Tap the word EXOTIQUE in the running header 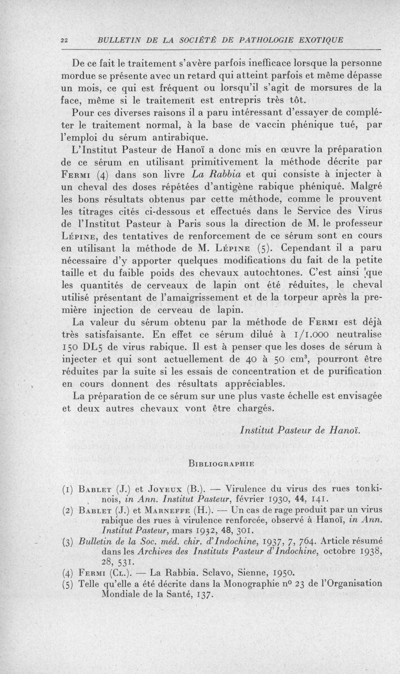[317, 41]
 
